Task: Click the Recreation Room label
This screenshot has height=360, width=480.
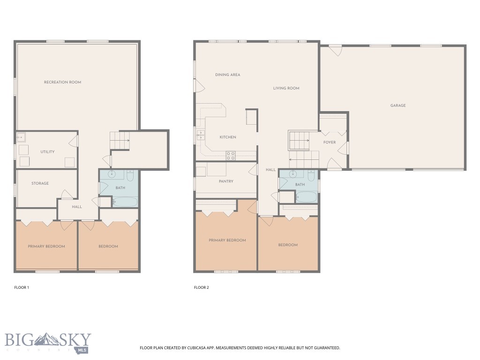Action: point(62,82)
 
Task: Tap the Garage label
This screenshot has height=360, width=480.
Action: point(398,105)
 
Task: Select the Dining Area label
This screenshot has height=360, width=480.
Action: point(227,75)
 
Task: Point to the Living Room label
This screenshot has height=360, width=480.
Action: point(286,88)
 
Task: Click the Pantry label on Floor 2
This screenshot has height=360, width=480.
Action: point(226,181)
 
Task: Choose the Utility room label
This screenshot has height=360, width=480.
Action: point(47,152)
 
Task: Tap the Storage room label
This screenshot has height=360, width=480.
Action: point(40,183)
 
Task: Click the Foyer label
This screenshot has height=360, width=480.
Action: point(330,142)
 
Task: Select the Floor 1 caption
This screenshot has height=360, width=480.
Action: point(22,287)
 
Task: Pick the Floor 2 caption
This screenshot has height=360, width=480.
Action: point(202,287)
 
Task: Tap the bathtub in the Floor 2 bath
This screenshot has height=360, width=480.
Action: point(307,197)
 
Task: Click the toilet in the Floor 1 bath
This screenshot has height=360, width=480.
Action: point(130,175)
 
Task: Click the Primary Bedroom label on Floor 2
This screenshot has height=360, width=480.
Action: point(227,240)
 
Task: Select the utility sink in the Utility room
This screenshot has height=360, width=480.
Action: point(20,137)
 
